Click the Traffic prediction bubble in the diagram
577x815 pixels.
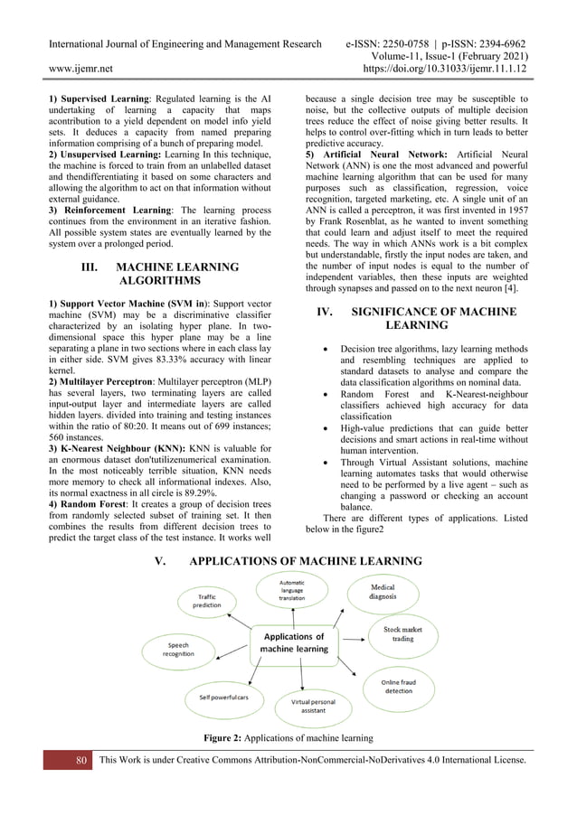[x=205, y=603]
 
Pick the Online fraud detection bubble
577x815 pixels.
[x=396, y=688]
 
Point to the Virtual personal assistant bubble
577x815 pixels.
[x=308, y=707]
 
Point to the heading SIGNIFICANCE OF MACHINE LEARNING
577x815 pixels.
[x=415, y=318]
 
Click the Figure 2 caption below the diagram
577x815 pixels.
[x=288, y=738]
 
